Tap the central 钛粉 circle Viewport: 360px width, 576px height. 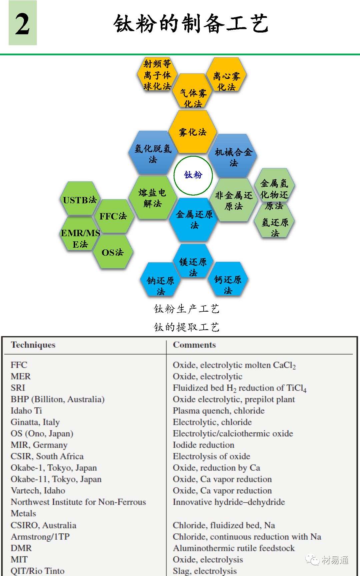pyautogui.click(x=193, y=175)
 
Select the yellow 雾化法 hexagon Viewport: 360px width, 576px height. pyautogui.click(x=193, y=132)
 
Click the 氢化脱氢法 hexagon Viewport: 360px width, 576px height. pyautogui.click(x=153, y=153)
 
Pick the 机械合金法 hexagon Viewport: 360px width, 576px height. pyautogui.click(x=233, y=157)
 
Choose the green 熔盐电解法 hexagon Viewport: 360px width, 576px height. pyautogui.click(x=153, y=198)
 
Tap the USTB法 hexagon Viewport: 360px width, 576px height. pyautogui.click(x=80, y=200)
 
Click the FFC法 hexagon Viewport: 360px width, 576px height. pyautogui.click(x=113, y=216)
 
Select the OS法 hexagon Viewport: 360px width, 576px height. pyautogui.click(x=113, y=252)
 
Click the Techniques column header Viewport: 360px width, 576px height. pyautogui.click(x=33, y=345)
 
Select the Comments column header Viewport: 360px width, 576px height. pyautogui.click(x=194, y=345)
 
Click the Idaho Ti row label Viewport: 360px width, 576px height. pyautogui.click(x=26, y=411)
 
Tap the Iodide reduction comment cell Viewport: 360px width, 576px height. pyautogui.click(x=203, y=445)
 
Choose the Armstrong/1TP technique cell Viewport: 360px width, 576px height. pyautogui.click(x=40, y=537)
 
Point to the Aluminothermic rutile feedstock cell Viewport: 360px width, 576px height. pyautogui.click(x=234, y=548)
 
